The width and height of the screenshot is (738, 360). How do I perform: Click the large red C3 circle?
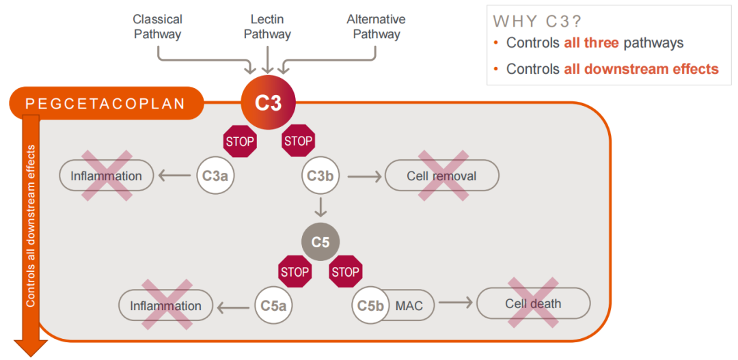pos(269,104)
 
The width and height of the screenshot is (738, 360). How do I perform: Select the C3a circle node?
pos(216,176)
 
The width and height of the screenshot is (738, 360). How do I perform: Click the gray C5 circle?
pos(320,243)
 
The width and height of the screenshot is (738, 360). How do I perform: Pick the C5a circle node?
pos(273,305)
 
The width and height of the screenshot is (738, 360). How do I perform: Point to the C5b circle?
pos(370,305)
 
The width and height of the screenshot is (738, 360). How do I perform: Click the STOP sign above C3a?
pos(240,142)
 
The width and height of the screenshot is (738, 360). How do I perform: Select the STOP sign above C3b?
pos(298,141)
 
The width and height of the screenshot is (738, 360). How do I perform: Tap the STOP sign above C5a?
pos(295,272)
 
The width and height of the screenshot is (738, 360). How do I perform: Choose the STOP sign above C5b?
pos(346,272)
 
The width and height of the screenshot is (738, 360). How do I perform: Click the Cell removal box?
pos(441,176)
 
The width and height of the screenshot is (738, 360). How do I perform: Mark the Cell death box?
pos(533,303)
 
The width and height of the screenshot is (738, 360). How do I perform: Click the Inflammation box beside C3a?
pos(106,176)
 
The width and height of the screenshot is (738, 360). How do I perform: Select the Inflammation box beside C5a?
pos(165,305)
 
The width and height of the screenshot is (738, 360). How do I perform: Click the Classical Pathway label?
pos(158,27)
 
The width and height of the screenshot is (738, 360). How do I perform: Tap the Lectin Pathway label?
pos(267,27)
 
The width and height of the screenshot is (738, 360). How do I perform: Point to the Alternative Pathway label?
pos(376,27)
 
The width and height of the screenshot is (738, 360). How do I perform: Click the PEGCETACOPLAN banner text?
pos(105,104)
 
